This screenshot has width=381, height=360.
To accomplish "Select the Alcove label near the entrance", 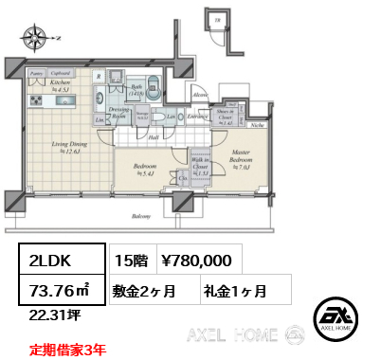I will coord(200,96).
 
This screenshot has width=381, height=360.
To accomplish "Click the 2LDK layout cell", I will coord(54,258).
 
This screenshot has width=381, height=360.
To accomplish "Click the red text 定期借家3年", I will coord(67,348).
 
